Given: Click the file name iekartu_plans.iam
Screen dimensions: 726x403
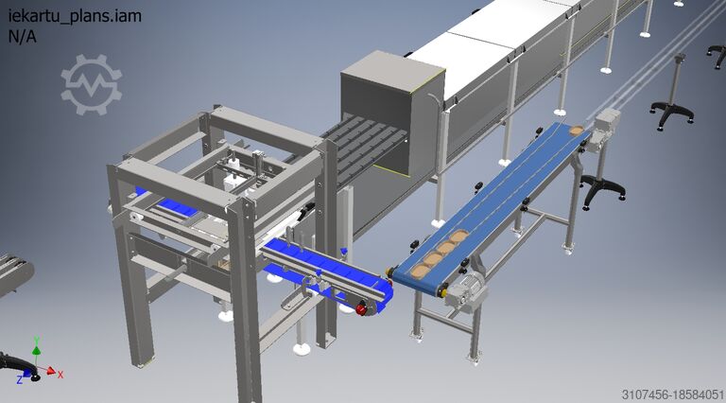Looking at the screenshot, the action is pyautogui.click(x=75, y=16).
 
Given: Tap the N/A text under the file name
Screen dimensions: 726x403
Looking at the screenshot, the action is pyautogui.click(x=23, y=36).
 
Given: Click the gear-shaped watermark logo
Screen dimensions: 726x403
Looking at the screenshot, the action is pyautogui.click(x=91, y=84).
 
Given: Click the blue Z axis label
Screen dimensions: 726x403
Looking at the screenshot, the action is pyautogui.click(x=20, y=380).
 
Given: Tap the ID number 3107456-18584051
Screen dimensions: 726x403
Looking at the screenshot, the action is pyautogui.click(x=672, y=394).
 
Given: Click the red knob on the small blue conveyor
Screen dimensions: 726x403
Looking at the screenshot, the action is pyautogui.click(x=361, y=308).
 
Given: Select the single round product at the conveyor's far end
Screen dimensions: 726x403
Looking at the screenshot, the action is pyautogui.click(x=576, y=130).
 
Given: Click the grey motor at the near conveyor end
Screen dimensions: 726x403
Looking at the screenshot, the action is pyautogui.click(x=466, y=289).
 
